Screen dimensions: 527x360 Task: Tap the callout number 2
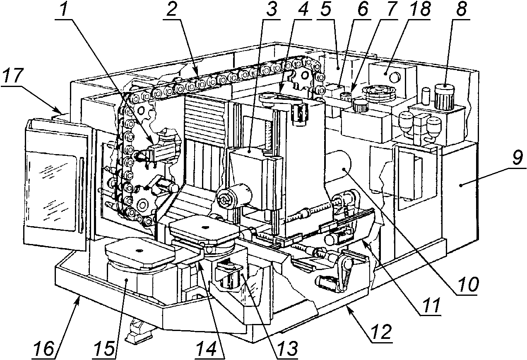[x=172, y=9]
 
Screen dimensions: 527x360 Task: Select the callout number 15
[x=105, y=349]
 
